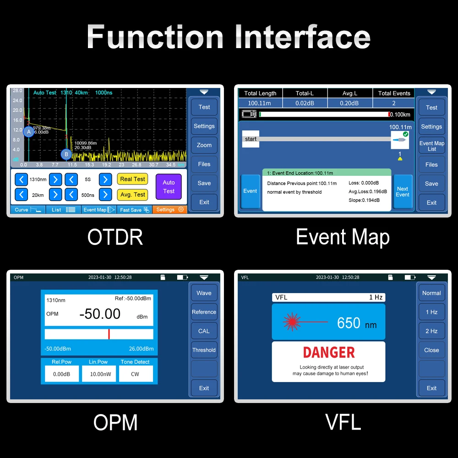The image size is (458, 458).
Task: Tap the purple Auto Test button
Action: pos(169,187)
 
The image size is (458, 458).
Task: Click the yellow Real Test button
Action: pos(132,179)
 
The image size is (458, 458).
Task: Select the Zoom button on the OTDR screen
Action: pos(204,145)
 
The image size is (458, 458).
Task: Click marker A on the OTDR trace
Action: pos(28,132)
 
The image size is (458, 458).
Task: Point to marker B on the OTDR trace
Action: pos(66,154)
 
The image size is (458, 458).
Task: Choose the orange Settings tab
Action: pos(169,210)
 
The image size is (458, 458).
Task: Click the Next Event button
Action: pos(403,191)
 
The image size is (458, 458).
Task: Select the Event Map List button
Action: pos(432,146)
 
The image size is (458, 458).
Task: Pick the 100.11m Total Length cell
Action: pos(259,103)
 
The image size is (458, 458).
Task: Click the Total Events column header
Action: pos(394,93)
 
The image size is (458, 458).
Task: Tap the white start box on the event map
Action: pos(251,139)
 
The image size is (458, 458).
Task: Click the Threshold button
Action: pos(204,350)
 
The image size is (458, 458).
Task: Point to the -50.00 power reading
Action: pos(100,314)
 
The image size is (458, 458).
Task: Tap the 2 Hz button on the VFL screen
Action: pos(431,331)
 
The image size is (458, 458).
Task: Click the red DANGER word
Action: pos(329,352)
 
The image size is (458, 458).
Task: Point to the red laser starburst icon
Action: pos(292,322)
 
